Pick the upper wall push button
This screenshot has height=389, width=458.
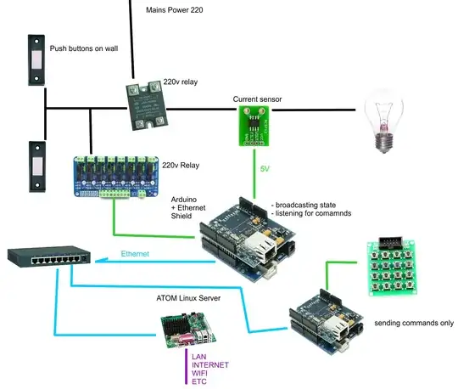(36, 60)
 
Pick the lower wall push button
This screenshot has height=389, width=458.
(36, 166)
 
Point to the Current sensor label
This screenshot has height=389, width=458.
(257, 99)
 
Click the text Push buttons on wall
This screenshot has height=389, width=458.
(83, 48)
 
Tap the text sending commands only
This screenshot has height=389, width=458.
(413, 323)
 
